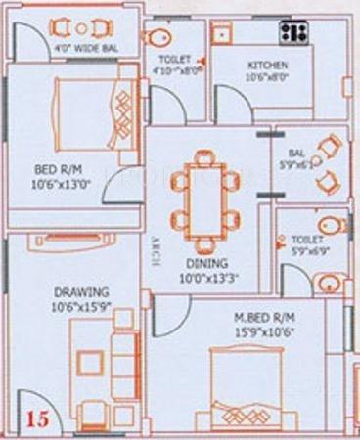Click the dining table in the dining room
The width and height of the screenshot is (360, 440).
coord(202,201)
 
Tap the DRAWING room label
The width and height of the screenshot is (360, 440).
coord(81,291)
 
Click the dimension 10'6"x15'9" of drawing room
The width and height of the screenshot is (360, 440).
coord(81,306)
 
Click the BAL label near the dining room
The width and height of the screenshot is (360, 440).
coord(296,154)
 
